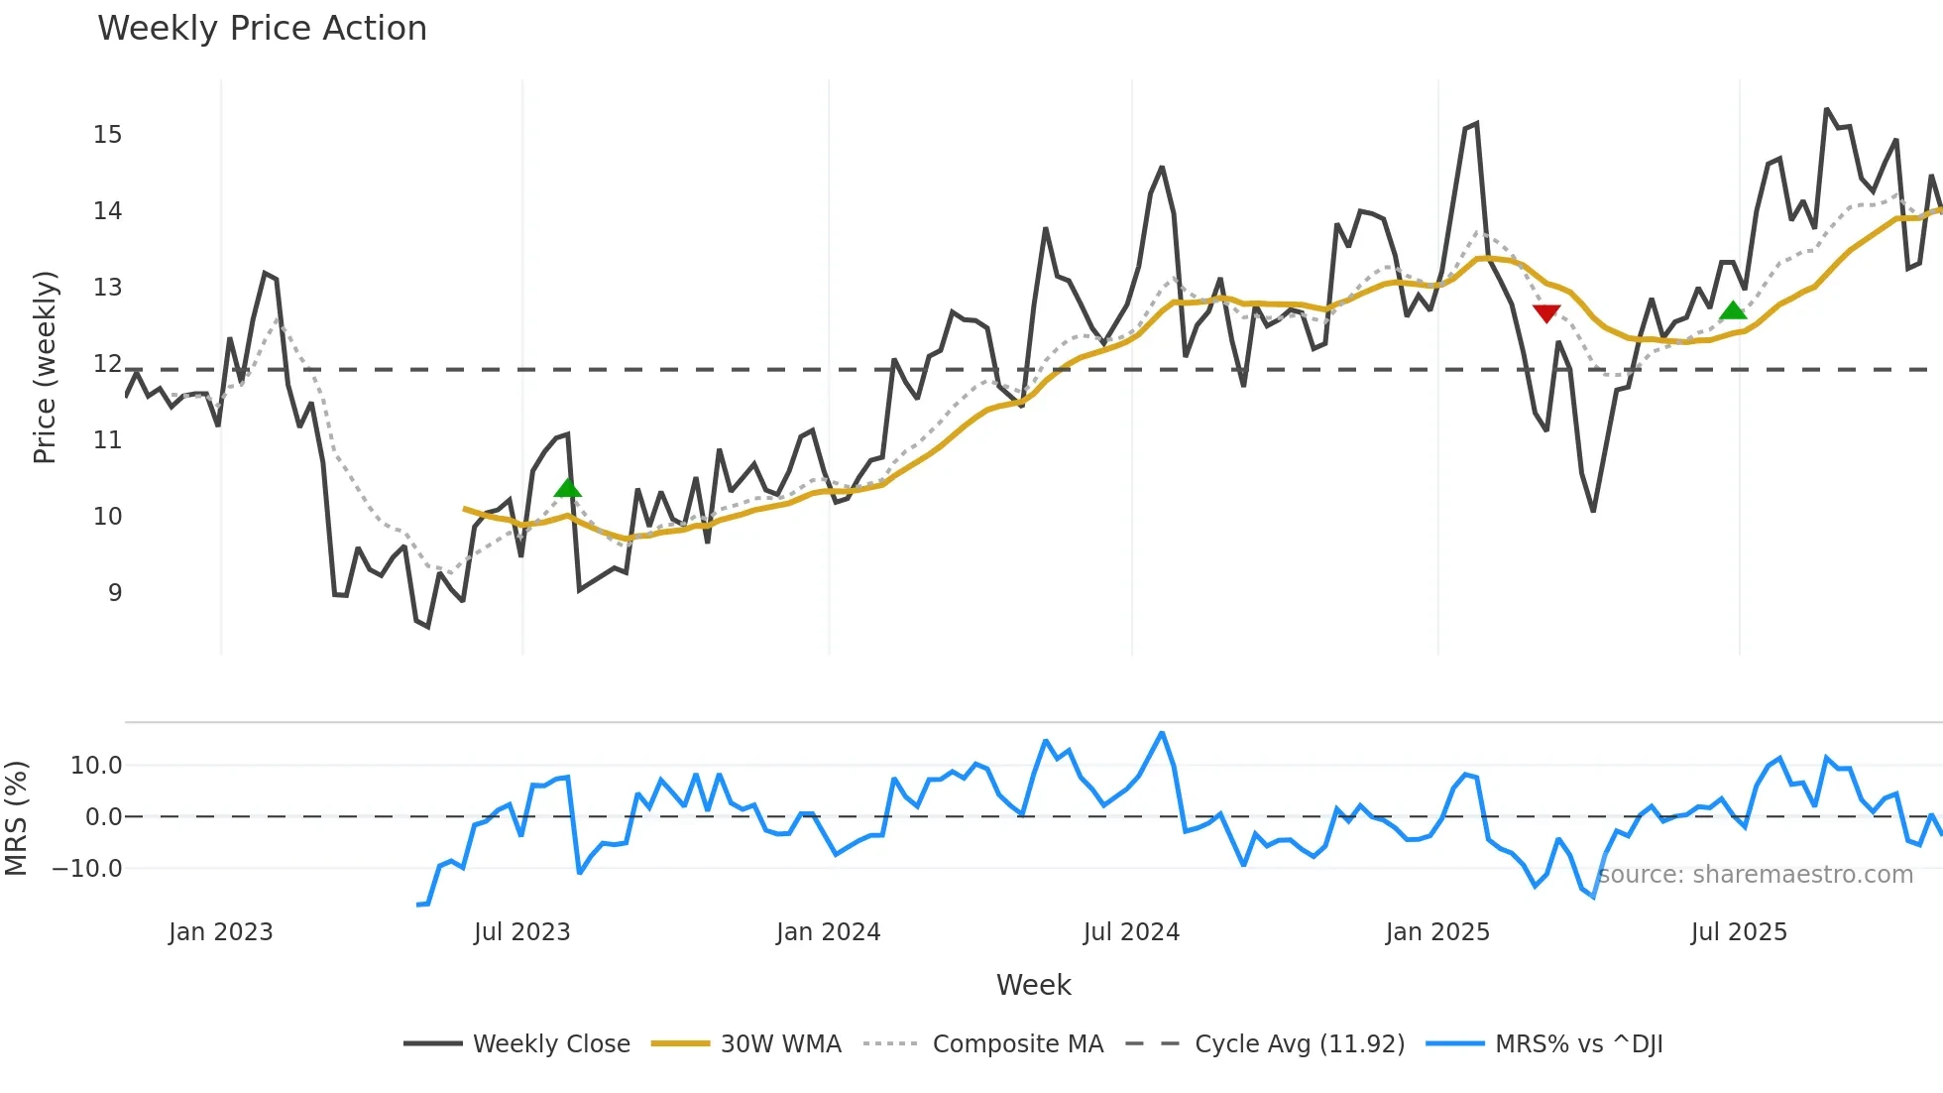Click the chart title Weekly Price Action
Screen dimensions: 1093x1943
pos(262,29)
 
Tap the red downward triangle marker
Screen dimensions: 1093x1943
pos(1546,313)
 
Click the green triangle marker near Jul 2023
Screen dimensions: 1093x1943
pos(567,487)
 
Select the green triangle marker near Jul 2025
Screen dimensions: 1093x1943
pos(1732,310)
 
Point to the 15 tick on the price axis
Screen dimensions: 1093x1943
pos(107,135)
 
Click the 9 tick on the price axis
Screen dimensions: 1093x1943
pos(114,593)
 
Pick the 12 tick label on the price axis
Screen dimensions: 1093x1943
pos(107,364)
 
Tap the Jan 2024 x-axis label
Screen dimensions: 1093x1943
pos(828,932)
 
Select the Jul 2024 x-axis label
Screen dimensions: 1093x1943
pos(1131,932)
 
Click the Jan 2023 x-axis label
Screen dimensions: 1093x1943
pos(220,932)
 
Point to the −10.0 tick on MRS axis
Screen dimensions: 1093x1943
pos(87,869)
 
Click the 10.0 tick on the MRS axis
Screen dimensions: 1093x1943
pos(95,766)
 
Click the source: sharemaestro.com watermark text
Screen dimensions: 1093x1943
pos(1755,875)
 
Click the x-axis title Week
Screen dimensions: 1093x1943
pos(1033,986)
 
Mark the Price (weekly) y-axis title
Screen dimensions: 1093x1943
pos(45,367)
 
